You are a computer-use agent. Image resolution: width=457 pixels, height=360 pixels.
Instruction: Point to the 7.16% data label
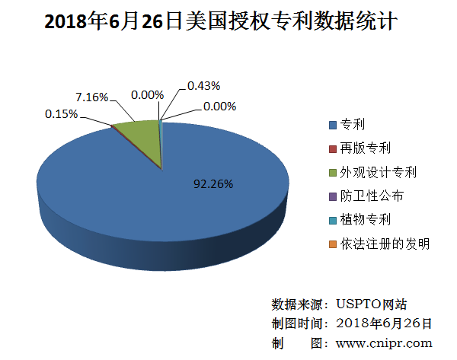click(91, 97)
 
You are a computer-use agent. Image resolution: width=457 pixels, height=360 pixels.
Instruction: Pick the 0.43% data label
click(204, 84)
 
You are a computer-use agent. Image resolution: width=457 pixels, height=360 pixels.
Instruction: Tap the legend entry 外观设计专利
click(378, 172)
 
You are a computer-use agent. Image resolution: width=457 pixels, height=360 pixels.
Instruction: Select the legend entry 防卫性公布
click(371, 196)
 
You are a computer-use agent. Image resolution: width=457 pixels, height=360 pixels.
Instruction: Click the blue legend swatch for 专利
click(332, 124)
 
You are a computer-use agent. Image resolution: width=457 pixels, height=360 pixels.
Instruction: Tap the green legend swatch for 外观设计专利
click(332, 172)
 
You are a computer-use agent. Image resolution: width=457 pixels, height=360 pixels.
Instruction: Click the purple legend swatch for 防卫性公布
click(332, 196)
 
